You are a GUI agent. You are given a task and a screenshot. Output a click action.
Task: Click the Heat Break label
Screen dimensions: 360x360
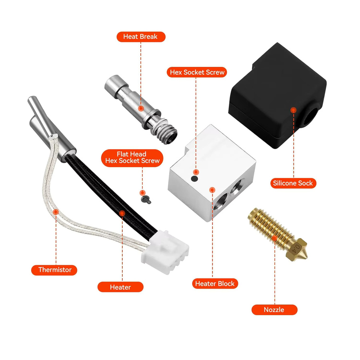click(141, 37)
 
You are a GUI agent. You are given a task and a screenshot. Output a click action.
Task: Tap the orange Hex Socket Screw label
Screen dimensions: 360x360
click(197, 72)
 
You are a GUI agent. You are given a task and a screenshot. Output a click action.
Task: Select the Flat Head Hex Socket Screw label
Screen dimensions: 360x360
click(132, 158)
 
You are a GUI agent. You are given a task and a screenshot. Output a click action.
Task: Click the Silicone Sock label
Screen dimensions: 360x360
click(293, 183)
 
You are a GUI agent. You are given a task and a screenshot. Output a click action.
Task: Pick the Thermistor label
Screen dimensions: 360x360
click(54, 270)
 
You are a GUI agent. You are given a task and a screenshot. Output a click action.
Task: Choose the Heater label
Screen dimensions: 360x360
click(120, 287)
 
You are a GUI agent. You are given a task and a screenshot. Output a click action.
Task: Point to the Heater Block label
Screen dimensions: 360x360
click(215, 284)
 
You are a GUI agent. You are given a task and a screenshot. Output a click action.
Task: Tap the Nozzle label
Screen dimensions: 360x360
click(274, 310)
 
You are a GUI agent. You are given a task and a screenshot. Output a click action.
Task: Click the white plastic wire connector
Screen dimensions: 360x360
click(165, 252)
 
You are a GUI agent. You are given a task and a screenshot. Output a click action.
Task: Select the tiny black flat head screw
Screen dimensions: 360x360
click(146, 200)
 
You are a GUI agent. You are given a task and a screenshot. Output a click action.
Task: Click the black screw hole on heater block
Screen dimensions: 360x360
click(194, 179)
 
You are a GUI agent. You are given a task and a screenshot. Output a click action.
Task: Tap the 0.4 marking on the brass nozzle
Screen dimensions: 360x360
click(296, 249)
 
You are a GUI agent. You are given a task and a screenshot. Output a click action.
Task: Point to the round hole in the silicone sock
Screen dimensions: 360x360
click(311, 116)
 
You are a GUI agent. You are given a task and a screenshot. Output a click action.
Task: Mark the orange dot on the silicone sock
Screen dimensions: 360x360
click(293, 110)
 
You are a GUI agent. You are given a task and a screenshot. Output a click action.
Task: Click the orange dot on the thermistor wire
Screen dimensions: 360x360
click(56, 212)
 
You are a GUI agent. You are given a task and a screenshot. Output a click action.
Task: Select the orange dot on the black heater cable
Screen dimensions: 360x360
click(122, 213)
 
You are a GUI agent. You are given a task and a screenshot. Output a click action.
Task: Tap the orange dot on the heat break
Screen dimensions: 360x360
click(141, 108)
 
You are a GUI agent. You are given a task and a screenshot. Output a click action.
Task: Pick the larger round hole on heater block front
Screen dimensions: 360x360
click(220, 202)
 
